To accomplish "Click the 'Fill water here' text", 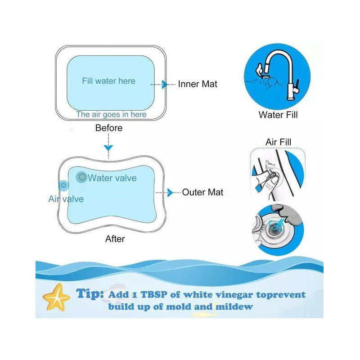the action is click(108, 81).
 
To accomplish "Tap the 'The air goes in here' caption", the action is click(111, 114).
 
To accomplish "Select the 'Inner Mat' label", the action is click(198, 84).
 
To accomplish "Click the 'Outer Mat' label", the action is click(202, 193).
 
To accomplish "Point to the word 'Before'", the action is click(109, 128).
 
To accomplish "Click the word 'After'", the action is click(115, 239).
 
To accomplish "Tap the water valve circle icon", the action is click(82, 177).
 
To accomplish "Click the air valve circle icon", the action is click(63, 185).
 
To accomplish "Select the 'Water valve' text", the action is click(112, 178).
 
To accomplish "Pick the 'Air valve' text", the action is click(66, 199).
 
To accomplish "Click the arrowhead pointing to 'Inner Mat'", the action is click(165, 85).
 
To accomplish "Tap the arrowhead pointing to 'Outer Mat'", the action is click(170, 193).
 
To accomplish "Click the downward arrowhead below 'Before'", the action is click(108, 148).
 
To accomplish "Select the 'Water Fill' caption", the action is click(278, 115).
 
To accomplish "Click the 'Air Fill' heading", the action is click(278, 142).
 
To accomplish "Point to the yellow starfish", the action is click(56, 297).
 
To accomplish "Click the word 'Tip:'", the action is click(90, 294).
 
